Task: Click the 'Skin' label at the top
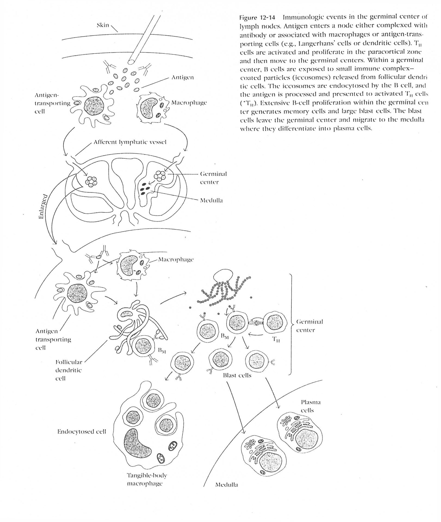tap(103, 25)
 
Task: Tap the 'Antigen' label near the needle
tap(182, 78)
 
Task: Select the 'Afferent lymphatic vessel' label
tap(130, 142)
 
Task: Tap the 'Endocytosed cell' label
tap(82, 432)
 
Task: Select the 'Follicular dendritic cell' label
tap(69, 370)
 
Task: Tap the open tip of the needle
tap(132, 61)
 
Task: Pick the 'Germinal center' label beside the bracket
tap(309, 325)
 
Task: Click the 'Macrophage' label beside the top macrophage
tap(189, 103)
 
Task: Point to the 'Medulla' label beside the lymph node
tap(211, 200)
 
